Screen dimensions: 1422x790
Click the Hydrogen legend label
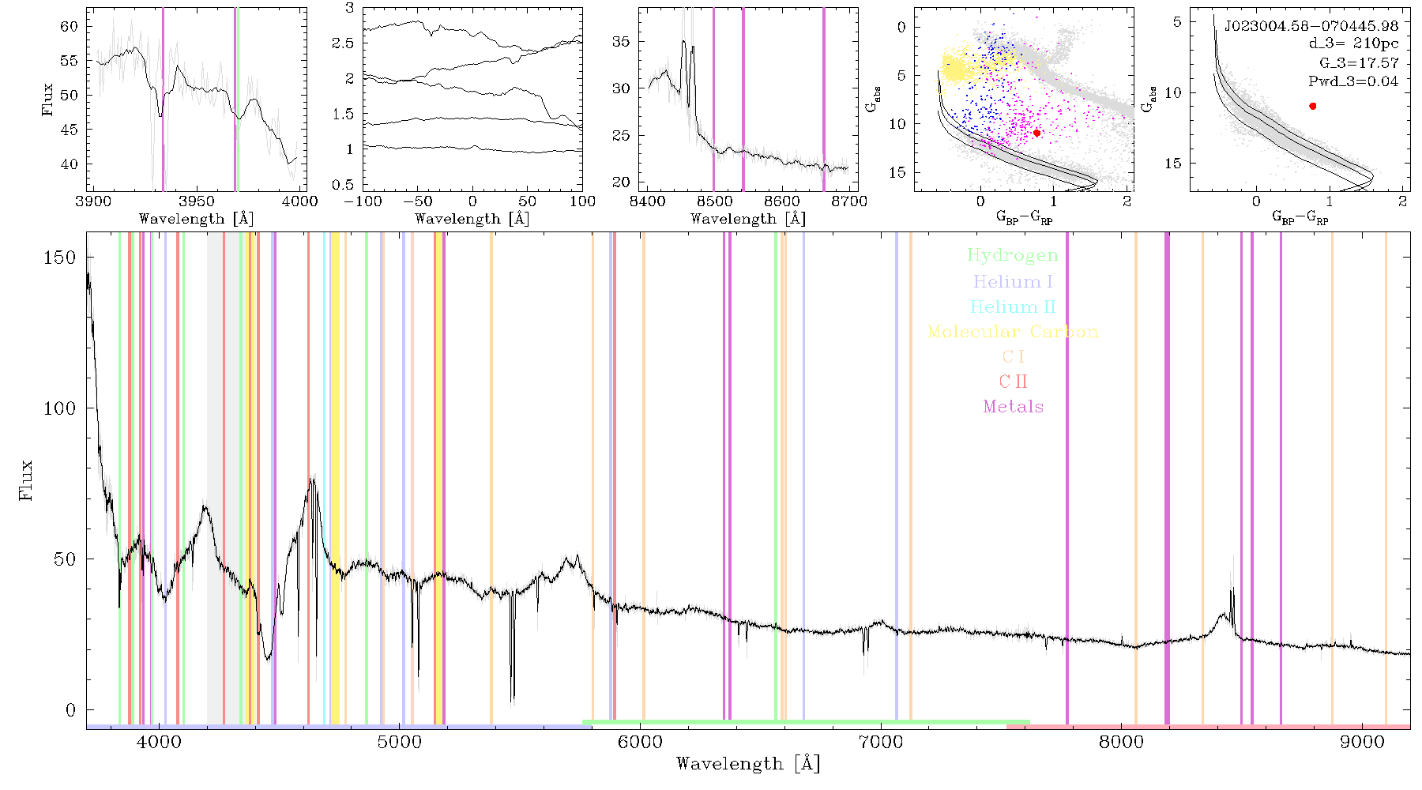coord(1013,255)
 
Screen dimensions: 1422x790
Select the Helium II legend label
coord(1013,307)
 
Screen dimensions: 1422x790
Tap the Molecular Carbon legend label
coord(1013,332)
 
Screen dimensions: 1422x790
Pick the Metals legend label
coord(1014,407)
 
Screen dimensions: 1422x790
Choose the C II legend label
coord(1014,382)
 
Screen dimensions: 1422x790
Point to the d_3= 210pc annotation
coord(1353,44)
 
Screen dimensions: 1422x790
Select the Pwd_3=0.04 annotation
coord(1353,81)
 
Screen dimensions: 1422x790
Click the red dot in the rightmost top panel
coord(1313,106)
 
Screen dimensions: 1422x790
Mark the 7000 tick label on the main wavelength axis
coord(880,742)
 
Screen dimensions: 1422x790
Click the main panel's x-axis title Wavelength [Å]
coord(748,764)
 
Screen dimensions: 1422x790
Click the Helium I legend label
coord(1013,281)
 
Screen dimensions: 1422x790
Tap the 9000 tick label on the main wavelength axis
coord(1361,742)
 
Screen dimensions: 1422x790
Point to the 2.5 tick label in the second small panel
coord(343,43)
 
